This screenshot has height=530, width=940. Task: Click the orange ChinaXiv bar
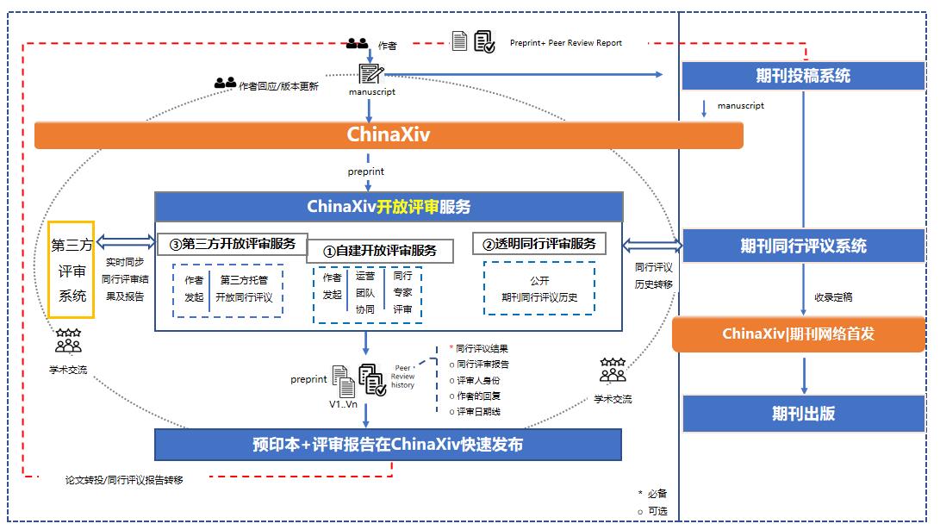pos(388,134)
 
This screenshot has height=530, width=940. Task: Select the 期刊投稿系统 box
pos(803,76)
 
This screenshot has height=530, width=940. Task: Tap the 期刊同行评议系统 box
pos(803,246)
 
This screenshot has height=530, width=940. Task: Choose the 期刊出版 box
pos(803,413)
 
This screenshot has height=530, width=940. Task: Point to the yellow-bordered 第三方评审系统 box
pos(72,270)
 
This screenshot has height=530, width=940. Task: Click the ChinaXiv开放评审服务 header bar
pos(388,207)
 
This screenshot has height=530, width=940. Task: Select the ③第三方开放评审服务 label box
pos(232,243)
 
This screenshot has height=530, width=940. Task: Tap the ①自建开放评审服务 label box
pos(379,251)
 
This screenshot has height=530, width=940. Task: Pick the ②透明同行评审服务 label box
pos(538,243)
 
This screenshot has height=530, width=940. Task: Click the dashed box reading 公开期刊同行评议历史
pos(539,289)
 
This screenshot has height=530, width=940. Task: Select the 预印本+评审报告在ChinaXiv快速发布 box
pos(388,445)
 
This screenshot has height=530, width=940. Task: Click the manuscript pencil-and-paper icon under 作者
pos(370,72)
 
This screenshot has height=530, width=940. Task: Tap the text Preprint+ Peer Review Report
pos(565,42)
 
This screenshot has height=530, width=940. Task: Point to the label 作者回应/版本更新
pos(278,86)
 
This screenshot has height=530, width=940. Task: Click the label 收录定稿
pos(833,296)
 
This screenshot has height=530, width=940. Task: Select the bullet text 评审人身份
pos(478,380)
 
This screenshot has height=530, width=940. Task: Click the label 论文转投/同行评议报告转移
pos(124,480)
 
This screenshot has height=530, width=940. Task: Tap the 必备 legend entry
pos(657,494)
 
